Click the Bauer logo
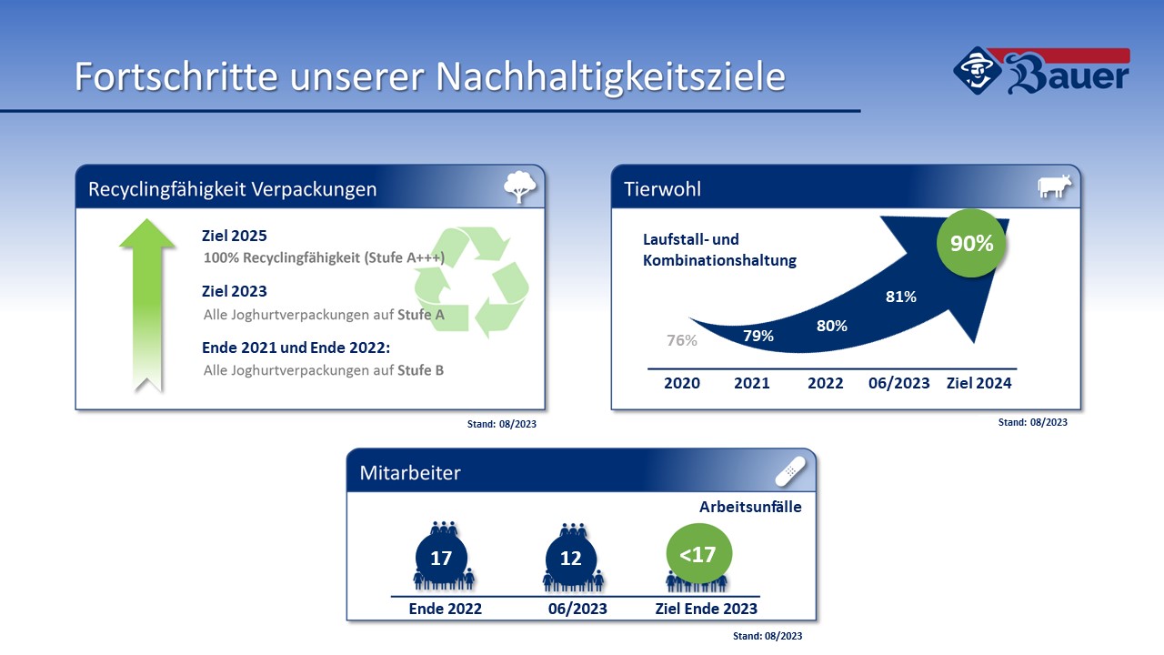pyautogui.click(x=1041, y=71)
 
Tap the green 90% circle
pyautogui.click(x=971, y=243)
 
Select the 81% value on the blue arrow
pyautogui.click(x=900, y=297)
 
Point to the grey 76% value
pyautogui.click(x=681, y=340)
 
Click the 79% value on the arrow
pyautogui.click(x=758, y=336)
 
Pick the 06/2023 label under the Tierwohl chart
pyautogui.click(x=899, y=383)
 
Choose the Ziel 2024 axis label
pyautogui.click(x=979, y=383)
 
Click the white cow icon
pyautogui.click(x=1054, y=186)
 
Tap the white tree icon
pyautogui.click(x=519, y=186)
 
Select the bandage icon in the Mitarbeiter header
pyautogui.click(x=790, y=471)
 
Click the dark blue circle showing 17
pyautogui.click(x=441, y=558)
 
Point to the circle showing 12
pyautogui.click(x=570, y=559)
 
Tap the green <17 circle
pyautogui.click(x=699, y=554)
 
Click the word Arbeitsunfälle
pyautogui.click(x=750, y=507)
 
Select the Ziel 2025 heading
pyautogui.click(x=234, y=236)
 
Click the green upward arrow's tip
pyautogui.click(x=147, y=219)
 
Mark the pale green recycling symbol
pyautogui.click(x=471, y=281)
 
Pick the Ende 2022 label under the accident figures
pyautogui.click(x=445, y=609)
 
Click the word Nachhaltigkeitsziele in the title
pyautogui.click(x=610, y=77)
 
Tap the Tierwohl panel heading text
pyautogui.click(x=662, y=189)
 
